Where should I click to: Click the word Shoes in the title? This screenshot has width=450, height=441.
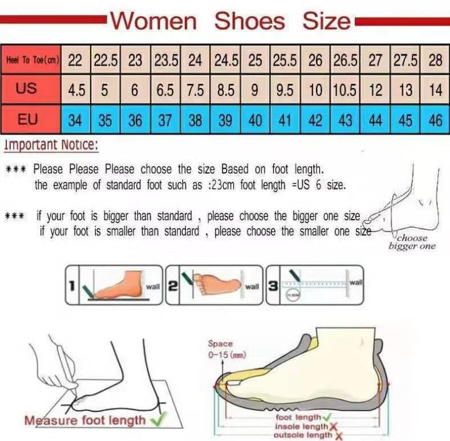tap(249, 22)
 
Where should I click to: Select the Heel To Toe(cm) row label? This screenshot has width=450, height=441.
tap(31, 60)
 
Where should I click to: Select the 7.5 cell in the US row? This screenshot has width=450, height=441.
tap(195, 90)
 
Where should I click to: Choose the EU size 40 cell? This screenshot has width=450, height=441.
tap(256, 120)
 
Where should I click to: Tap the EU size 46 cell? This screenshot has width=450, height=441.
tap(435, 120)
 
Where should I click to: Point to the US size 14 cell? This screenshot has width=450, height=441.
tap(435, 90)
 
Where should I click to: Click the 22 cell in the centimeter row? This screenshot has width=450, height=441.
tap(75, 60)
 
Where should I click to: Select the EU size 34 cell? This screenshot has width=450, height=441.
tap(75, 120)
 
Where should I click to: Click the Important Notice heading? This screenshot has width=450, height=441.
tap(51, 145)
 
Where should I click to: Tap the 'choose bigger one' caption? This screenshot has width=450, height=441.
tap(412, 242)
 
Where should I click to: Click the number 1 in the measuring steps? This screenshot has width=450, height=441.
tap(72, 285)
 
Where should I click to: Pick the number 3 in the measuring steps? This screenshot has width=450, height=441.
tap(274, 285)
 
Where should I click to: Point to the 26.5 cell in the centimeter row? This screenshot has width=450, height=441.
tap(345, 60)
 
